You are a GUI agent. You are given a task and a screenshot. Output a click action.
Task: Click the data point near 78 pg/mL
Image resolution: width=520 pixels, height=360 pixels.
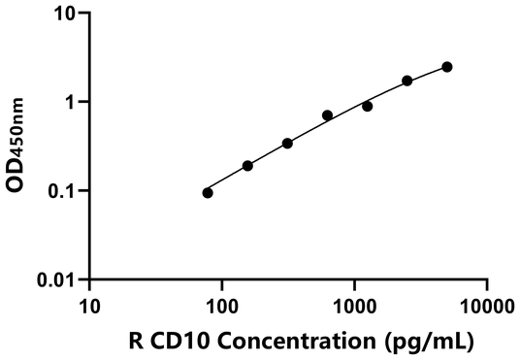coord(208,192)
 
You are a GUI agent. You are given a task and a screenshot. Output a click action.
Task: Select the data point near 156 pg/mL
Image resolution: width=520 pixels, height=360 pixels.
coord(247,166)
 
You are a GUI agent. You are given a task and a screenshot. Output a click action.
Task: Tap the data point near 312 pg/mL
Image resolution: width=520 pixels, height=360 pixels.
coord(287,144)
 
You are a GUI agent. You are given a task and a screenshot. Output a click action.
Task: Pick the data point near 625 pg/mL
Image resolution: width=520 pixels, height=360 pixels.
coord(327,115)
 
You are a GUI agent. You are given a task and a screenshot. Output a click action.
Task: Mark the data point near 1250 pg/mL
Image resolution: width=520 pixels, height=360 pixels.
coord(367,106)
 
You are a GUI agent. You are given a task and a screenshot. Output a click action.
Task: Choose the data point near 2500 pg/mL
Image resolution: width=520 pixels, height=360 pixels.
coord(406,81)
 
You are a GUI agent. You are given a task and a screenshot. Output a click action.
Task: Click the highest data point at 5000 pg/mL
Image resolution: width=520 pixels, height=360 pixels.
coord(446,67)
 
